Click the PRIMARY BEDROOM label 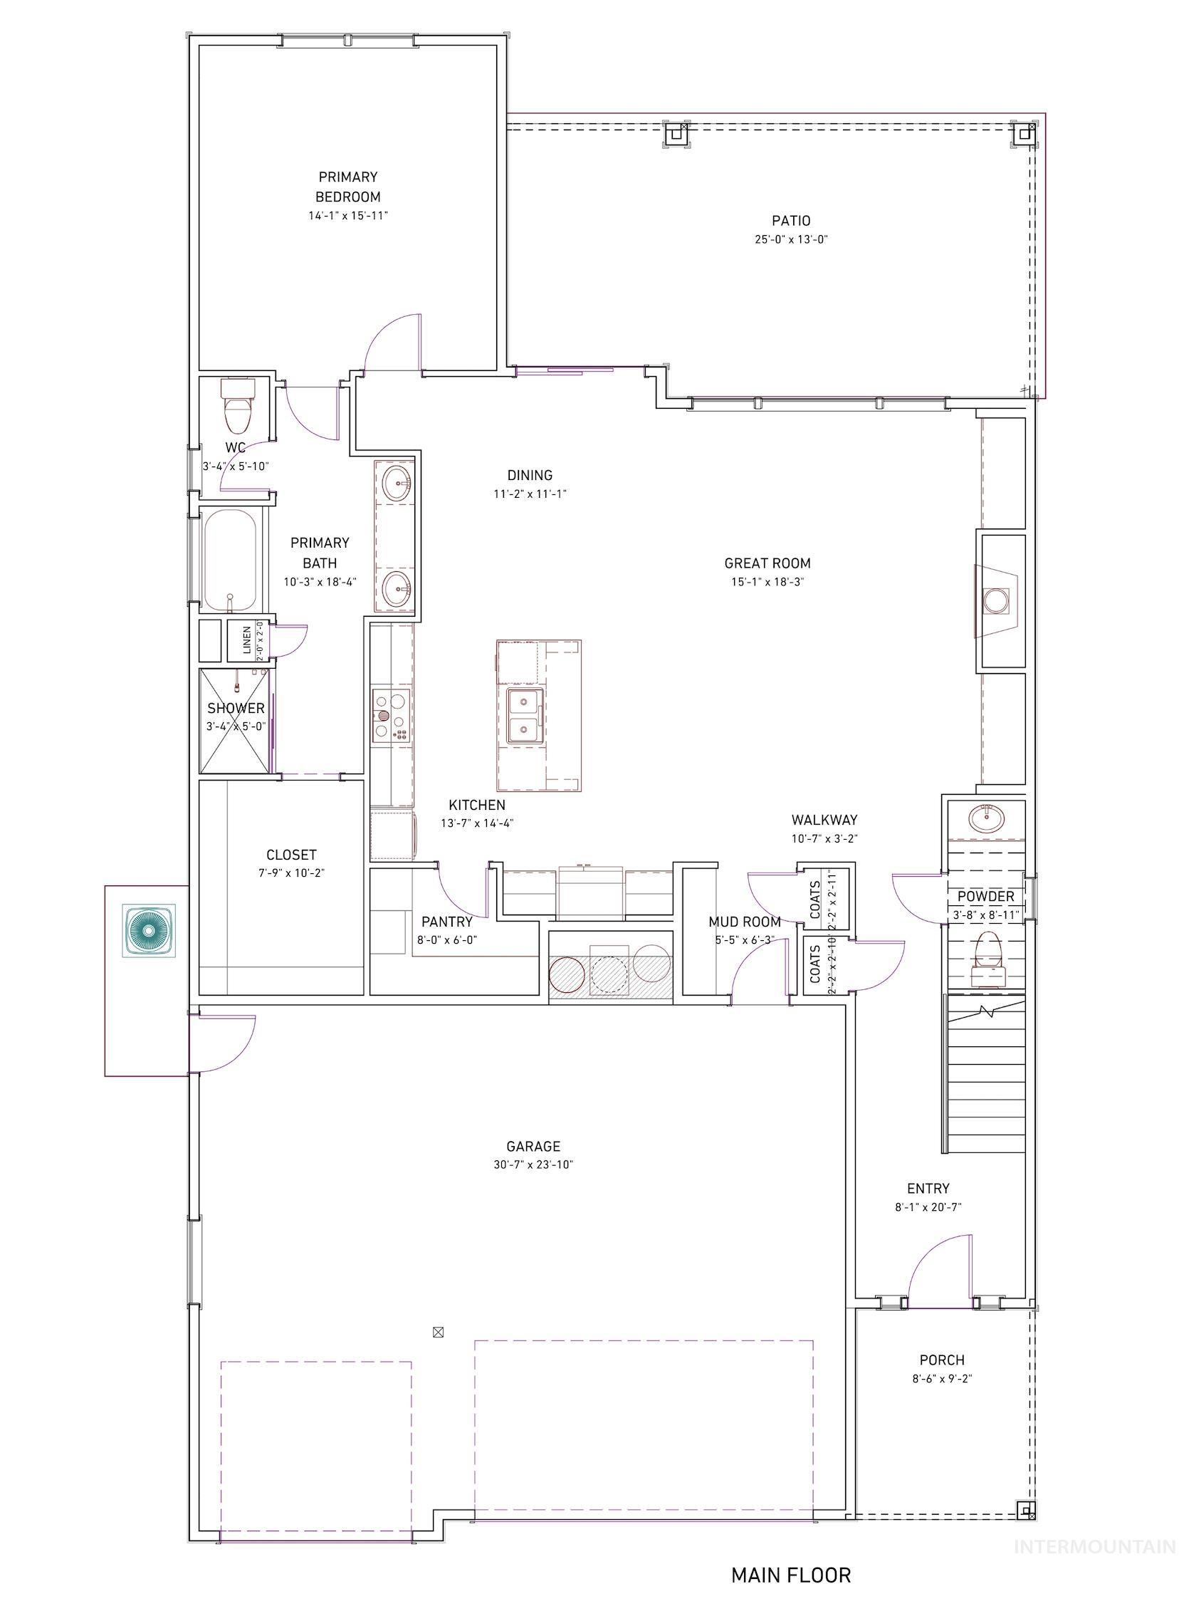coord(348,187)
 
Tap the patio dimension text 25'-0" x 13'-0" coord(790,240)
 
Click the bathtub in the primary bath coord(230,559)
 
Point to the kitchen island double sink coord(525,715)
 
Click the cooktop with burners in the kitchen coord(391,716)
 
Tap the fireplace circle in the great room coord(995,600)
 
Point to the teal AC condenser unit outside coord(149,931)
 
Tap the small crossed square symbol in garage coord(439,1331)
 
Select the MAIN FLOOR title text coord(790,1575)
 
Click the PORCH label coord(942,1361)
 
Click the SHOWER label coord(236,708)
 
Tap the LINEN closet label coord(246,640)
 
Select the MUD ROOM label coord(744,922)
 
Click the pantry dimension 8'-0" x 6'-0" coord(446,941)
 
